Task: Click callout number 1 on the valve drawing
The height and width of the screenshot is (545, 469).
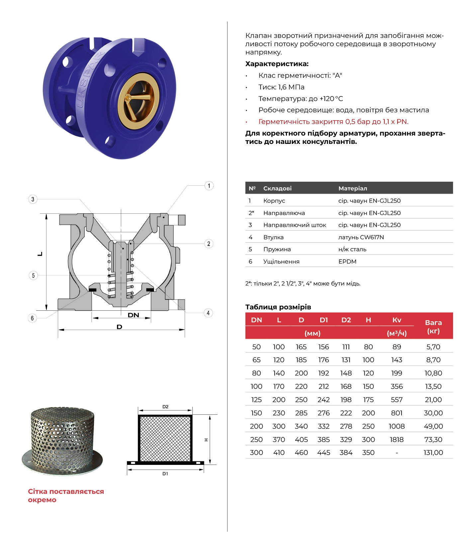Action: point(209,186)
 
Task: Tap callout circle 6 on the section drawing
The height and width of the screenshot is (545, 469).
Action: point(32,318)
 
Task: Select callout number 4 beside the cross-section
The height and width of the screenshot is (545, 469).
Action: point(208,313)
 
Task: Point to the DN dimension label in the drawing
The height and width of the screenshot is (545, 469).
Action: point(134,315)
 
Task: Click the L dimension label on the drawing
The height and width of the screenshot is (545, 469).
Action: point(40,254)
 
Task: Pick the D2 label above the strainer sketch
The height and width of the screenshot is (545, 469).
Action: point(165,407)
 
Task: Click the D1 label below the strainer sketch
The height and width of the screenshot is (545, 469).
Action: point(165,474)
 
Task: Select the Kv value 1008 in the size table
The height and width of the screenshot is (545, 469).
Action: point(397,426)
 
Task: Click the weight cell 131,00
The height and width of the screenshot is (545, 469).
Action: point(433,453)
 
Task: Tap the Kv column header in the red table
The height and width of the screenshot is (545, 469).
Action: point(397,320)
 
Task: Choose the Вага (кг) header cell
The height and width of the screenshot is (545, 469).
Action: point(433,327)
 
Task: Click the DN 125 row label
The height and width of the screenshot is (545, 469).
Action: point(256,400)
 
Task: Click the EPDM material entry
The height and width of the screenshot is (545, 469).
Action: point(347,262)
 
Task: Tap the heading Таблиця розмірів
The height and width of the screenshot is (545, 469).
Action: point(278,307)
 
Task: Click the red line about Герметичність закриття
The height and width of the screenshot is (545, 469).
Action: point(333,122)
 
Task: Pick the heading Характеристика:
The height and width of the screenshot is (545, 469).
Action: point(277,64)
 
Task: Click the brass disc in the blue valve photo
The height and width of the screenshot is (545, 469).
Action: point(139,100)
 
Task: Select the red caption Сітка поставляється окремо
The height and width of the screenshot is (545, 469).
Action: point(66,495)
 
